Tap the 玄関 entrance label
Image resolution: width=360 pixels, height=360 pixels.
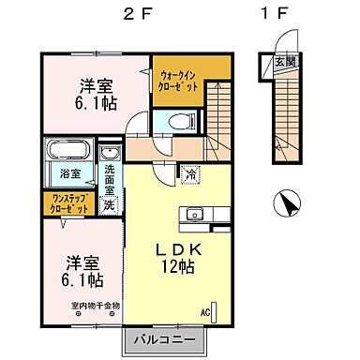click(283, 63)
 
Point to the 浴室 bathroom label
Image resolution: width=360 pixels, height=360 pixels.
click(69, 174)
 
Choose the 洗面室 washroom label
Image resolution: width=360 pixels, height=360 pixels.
click(109, 178)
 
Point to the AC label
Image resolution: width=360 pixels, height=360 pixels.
click(204, 312)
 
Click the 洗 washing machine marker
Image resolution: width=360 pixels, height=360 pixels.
click(109, 203)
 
